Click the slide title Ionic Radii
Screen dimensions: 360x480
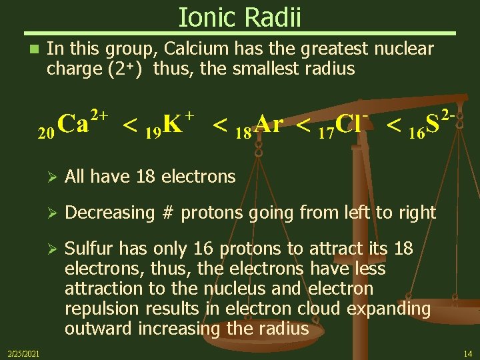(x=240, y=17)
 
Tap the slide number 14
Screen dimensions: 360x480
(x=467, y=352)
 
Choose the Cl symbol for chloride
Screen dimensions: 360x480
(x=349, y=124)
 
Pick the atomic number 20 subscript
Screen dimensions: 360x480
(x=45, y=133)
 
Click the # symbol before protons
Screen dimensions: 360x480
(x=169, y=213)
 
